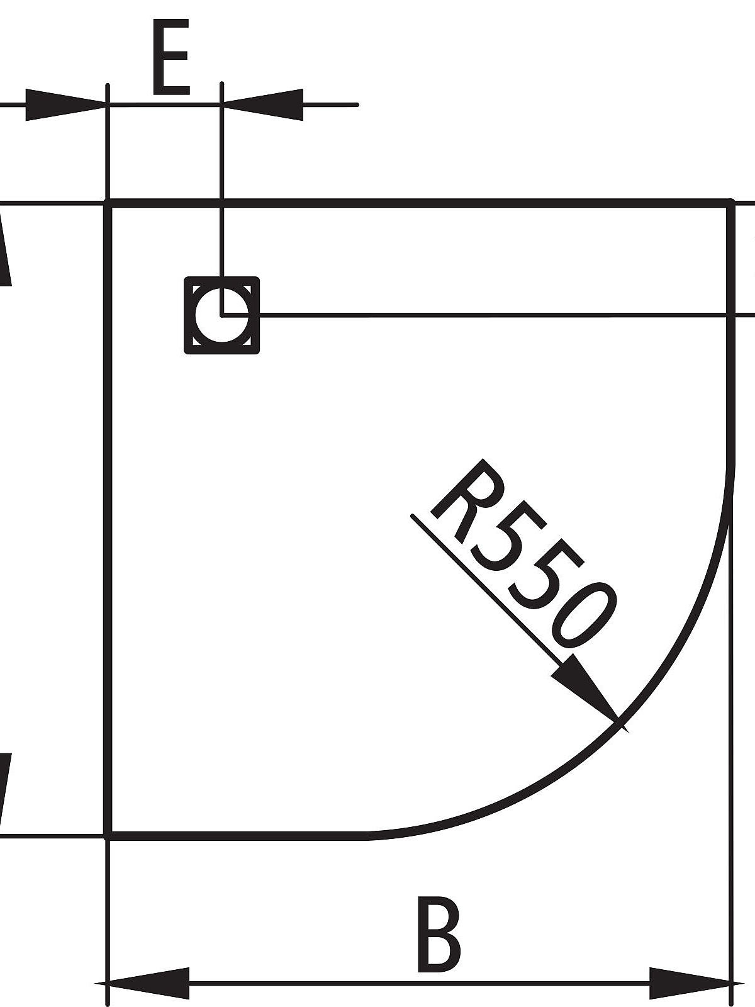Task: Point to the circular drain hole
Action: coord(221,315)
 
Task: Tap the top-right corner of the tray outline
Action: coord(730,203)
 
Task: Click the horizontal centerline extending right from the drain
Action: coord(491,314)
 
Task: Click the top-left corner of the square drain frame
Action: coord(186,279)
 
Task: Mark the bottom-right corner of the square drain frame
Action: coord(257,351)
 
